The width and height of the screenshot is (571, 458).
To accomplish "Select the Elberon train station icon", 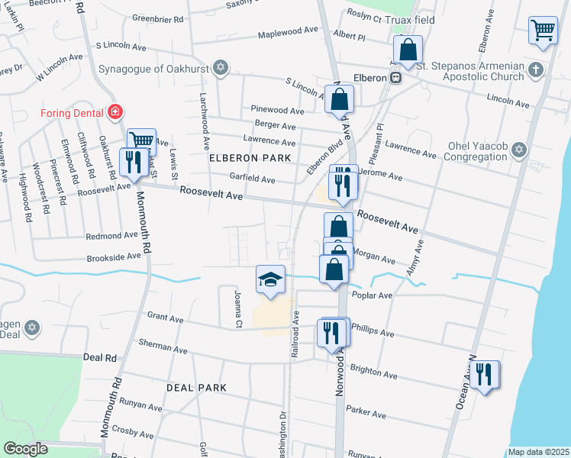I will (395, 78).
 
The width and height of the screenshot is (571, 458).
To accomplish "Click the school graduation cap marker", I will (270, 281).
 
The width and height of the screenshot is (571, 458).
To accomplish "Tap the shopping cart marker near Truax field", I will (543, 31).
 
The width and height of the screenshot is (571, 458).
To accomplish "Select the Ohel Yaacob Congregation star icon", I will (519, 149).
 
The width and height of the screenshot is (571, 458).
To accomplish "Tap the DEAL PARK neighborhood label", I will (197, 388).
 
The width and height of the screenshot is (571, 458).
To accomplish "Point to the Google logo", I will (25, 449).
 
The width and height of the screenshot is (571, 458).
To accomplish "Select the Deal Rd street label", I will (100, 357).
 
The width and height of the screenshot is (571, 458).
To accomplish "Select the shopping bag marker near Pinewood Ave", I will (339, 99).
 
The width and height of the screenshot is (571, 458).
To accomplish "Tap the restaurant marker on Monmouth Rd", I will (134, 163).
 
